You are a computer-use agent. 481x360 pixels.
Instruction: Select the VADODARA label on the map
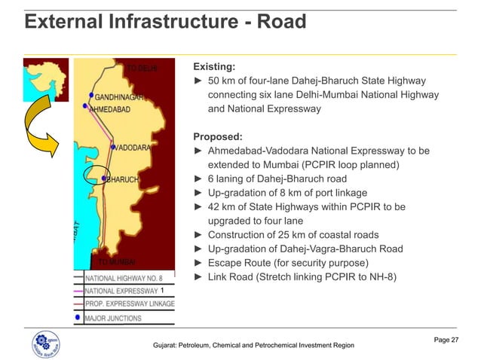[x=134, y=148]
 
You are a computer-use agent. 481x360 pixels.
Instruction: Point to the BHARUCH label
[x=122, y=180]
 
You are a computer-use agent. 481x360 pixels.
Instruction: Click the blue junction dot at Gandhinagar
[x=92, y=96]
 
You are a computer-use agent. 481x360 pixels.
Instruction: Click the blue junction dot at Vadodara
[x=112, y=148]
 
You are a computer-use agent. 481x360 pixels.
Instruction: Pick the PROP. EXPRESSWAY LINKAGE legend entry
[x=129, y=304]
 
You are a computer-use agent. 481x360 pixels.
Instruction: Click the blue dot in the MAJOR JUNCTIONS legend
[x=79, y=318]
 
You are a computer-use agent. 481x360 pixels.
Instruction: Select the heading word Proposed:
[x=218, y=137]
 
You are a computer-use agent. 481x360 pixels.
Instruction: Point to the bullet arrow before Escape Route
[x=198, y=263]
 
